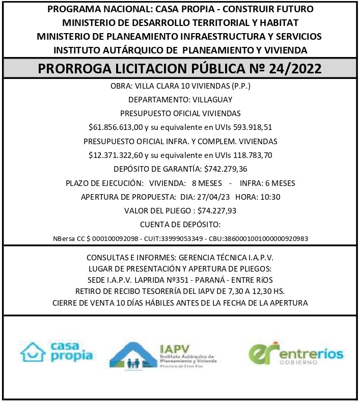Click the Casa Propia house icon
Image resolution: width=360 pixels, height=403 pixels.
34,351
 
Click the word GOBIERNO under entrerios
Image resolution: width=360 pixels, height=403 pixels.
299,362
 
